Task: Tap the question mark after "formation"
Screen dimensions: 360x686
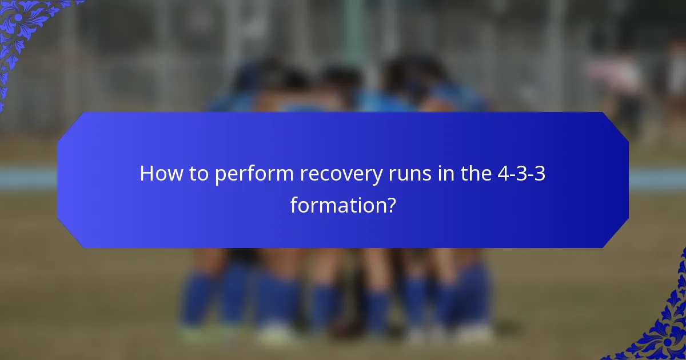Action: (x=390, y=204)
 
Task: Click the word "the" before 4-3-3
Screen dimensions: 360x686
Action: (x=472, y=174)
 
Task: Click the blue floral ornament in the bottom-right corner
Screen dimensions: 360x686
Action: (x=663, y=331)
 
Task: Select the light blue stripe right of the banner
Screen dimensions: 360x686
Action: (x=657, y=179)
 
